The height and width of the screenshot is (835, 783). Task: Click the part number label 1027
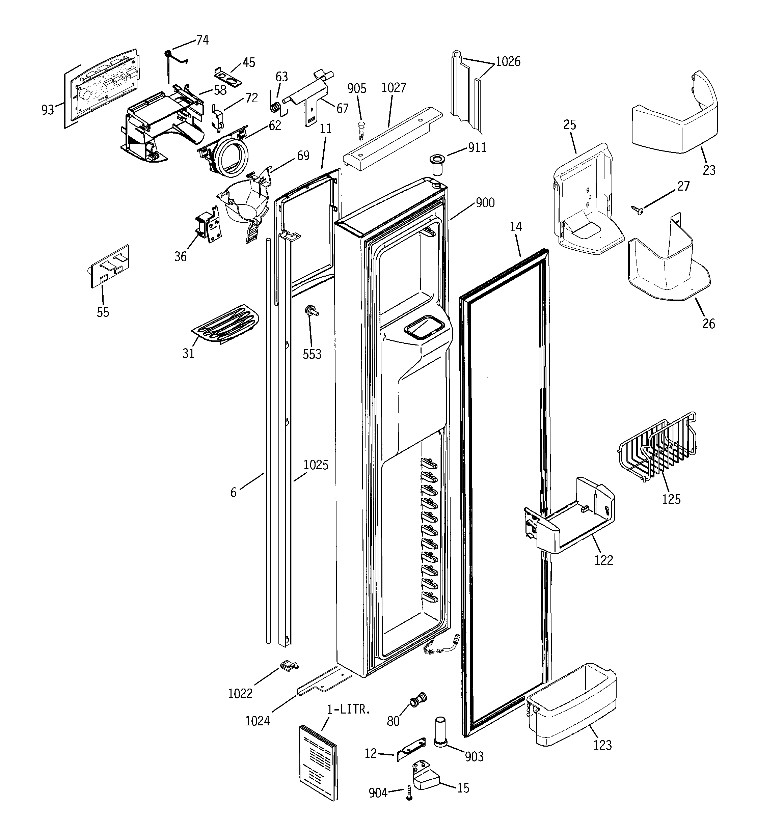coord(394,88)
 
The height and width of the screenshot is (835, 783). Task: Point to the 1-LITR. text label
coord(348,710)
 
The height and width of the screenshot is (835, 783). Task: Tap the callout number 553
coord(312,354)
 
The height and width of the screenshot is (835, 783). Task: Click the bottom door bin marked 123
coord(572,710)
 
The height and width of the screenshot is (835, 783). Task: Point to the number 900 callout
coord(485,203)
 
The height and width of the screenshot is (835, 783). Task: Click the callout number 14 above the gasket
coord(516,226)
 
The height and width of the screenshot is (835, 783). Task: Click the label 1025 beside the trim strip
coord(316,465)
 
